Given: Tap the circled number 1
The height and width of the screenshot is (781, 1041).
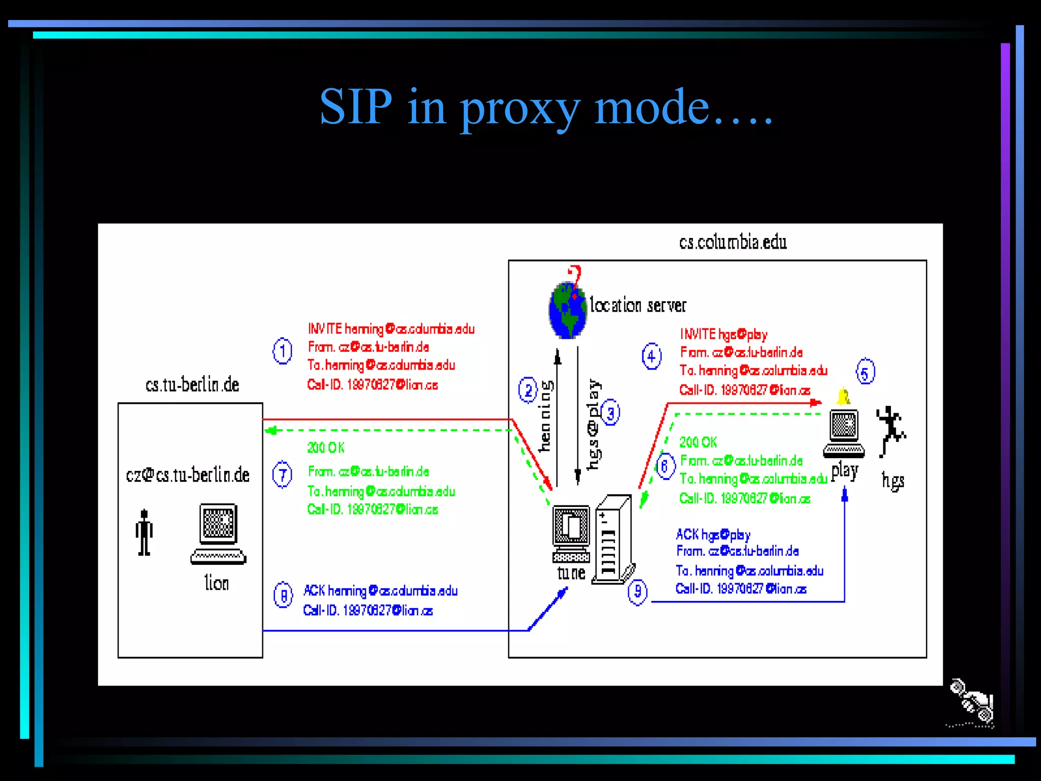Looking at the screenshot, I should point(282,351).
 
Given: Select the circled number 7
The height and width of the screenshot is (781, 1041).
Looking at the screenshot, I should point(282,474).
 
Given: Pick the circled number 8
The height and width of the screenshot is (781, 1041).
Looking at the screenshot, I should point(283,595).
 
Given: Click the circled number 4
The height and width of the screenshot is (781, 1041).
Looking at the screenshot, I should point(652,356).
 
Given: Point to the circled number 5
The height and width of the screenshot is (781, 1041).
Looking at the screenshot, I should point(865,372).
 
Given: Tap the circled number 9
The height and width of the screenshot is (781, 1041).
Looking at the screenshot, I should point(637,592).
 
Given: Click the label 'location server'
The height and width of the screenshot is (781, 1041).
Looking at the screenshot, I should point(638,306).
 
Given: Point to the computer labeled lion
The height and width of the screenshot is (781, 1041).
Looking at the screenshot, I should point(219,534).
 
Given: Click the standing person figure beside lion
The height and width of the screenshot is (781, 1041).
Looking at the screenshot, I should point(144,532).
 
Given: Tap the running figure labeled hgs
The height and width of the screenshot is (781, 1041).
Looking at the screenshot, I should point(891,430).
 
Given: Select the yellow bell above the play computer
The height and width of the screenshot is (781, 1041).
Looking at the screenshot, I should point(843,396).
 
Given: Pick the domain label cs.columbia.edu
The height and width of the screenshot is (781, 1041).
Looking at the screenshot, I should point(732,243).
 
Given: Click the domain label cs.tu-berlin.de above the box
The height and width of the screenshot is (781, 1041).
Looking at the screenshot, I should point(192,385).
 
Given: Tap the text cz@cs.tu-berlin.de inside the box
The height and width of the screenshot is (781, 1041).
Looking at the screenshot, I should point(188,475).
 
